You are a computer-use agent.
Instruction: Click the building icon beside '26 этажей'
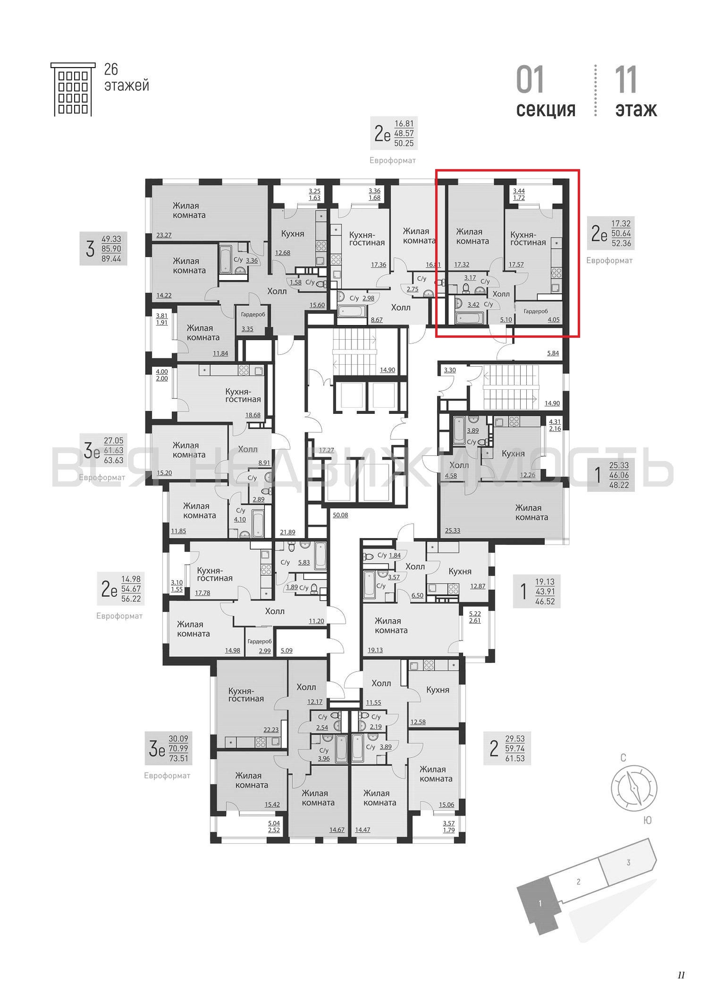[x=73, y=90]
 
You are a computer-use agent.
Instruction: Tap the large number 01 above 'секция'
[x=530, y=80]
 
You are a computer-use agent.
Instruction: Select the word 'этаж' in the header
[x=636, y=109]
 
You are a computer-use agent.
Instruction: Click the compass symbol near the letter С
[x=634, y=788]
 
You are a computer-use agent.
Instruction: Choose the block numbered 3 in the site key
[x=628, y=863]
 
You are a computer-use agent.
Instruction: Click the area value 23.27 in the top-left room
[x=164, y=235]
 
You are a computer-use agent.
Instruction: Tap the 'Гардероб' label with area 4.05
[x=536, y=311]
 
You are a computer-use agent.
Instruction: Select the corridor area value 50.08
[x=340, y=515]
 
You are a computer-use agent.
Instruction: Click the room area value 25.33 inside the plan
[x=453, y=530]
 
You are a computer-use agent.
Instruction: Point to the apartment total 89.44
[x=111, y=259]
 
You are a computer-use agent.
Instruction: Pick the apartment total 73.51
[x=178, y=758]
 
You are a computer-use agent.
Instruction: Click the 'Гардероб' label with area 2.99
[x=259, y=641]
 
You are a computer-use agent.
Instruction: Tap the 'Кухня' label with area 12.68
[x=293, y=233]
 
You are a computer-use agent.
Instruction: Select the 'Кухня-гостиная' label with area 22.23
[x=246, y=695]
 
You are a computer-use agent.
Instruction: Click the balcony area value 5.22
[x=475, y=614]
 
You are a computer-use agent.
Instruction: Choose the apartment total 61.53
[x=515, y=758]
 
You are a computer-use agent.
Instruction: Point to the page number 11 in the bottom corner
[x=681, y=975]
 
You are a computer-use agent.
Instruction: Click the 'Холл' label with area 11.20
[x=275, y=611]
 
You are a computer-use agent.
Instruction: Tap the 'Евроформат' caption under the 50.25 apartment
[x=393, y=160]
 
